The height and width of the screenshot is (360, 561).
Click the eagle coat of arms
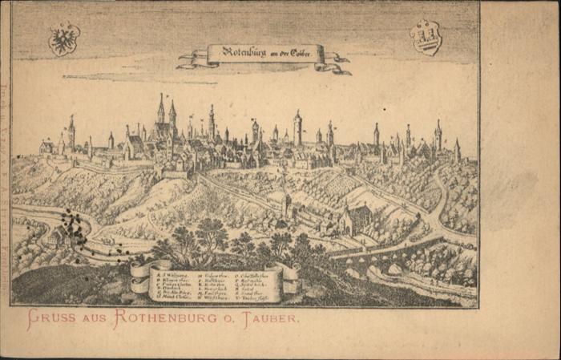[64, 38]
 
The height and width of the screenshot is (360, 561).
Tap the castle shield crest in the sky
[426, 37]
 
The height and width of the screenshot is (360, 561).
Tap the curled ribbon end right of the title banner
[337, 63]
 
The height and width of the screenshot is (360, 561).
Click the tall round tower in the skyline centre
[297, 128]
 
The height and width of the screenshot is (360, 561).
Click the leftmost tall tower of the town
[71, 133]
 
